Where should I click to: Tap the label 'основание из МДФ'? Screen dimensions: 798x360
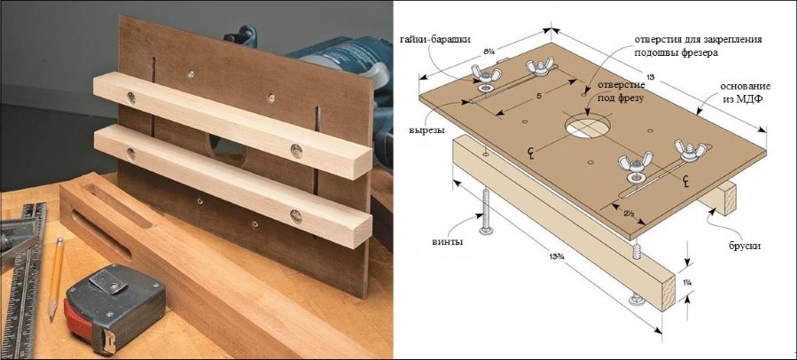tap(745, 92)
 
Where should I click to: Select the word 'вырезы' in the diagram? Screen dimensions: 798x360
tap(426, 129)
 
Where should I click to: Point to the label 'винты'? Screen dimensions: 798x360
tap(448, 241)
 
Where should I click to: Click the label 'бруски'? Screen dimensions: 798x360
tap(744, 246)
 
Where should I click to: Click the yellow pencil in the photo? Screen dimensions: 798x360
tap(56, 278)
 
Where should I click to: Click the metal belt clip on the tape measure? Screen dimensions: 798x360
tap(109, 282)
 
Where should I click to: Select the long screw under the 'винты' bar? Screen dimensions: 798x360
tap(486, 212)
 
